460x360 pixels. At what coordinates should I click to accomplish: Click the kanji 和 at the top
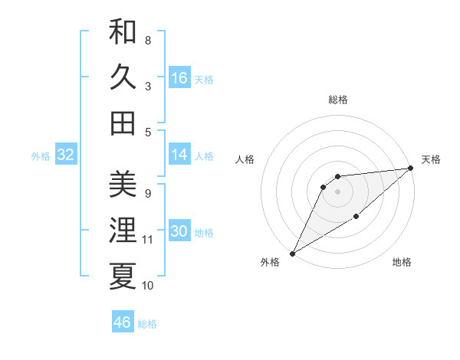123,32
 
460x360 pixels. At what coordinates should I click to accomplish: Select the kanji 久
123,77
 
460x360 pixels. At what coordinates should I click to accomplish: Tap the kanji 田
123,122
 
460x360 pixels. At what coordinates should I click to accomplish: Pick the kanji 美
123,185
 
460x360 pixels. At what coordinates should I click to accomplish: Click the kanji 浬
123,230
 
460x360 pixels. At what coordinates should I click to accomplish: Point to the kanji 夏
123,276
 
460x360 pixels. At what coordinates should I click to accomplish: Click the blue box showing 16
179,78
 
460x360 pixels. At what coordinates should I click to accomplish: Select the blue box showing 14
179,155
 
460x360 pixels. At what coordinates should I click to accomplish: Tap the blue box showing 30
179,232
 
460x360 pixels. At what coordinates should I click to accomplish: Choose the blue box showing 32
65,155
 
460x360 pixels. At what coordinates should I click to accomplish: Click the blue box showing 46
123,322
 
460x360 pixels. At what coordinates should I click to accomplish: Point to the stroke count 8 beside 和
147,40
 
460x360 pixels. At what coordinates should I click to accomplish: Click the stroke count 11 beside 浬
147,240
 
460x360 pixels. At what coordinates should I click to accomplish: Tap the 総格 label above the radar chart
337,100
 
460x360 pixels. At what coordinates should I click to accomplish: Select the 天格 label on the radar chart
431,159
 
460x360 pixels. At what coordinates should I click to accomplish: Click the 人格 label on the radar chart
245,159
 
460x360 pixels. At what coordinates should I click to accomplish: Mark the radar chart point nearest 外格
292,253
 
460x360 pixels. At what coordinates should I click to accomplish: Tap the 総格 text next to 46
147,324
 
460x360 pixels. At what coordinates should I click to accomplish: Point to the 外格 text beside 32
41,156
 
